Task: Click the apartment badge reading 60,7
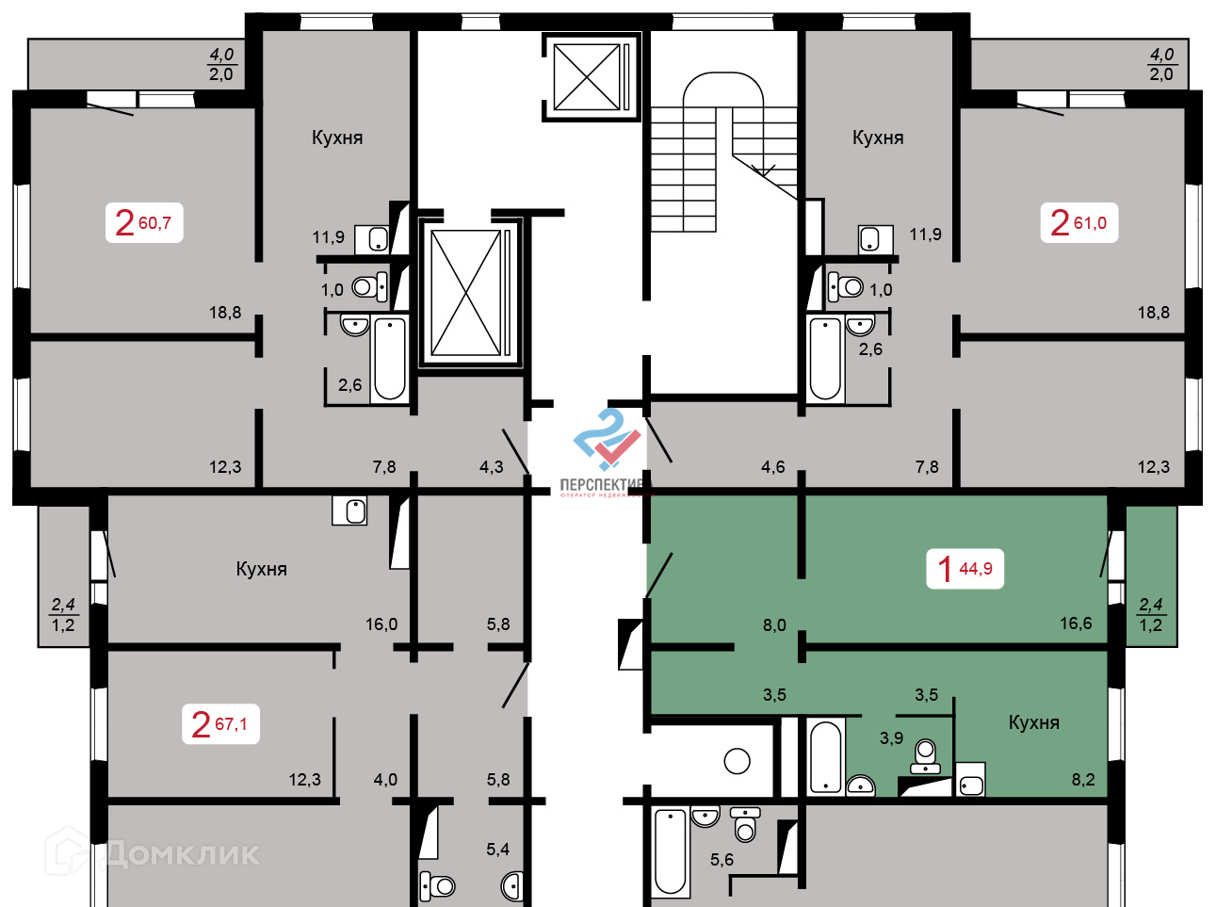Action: click(x=143, y=223)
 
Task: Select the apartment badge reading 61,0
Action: click(x=1078, y=223)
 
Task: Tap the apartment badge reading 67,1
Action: click(x=219, y=724)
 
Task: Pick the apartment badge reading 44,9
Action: click(x=965, y=569)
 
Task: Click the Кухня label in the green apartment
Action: click(x=1033, y=722)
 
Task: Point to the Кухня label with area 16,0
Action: click(x=261, y=569)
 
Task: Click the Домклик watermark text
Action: click(x=179, y=854)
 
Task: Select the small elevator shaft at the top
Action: click(x=587, y=76)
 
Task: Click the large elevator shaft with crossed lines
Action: click(x=465, y=293)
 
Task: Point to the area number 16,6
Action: click(x=1076, y=624)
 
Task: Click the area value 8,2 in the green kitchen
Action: click(x=1083, y=780)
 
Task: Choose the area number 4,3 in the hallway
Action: click(x=492, y=467)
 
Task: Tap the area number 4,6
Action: click(x=772, y=467)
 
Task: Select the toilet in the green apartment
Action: click(x=926, y=754)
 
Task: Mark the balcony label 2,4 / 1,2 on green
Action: click(x=1150, y=615)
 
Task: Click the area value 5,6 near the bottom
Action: click(x=721, y=860)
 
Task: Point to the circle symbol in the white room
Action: click(x=737, y=760)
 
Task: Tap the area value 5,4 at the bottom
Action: click(x=497, y=850)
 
